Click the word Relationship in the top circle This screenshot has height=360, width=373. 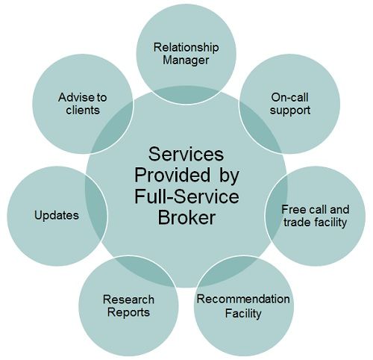pos(186,48)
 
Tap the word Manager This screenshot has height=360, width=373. pos(186,61)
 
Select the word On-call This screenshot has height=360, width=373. pos(289,97)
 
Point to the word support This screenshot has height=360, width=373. pos(290,111)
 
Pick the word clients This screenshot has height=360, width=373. pos(83,111)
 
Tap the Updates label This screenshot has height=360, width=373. pos(57,216)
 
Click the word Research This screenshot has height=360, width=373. pos(128,300)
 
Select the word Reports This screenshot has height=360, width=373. pos(128,313)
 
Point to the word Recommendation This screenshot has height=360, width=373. pos(243,299)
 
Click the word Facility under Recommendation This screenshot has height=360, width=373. pos(243,314)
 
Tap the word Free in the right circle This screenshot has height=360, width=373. pos(293,210)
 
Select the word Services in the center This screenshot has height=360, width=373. pos(186,154)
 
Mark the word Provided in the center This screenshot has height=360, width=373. pos(172,175)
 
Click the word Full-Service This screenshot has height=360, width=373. pos(186,196)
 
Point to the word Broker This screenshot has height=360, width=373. pos(186,218)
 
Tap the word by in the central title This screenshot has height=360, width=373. pos(229,176)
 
